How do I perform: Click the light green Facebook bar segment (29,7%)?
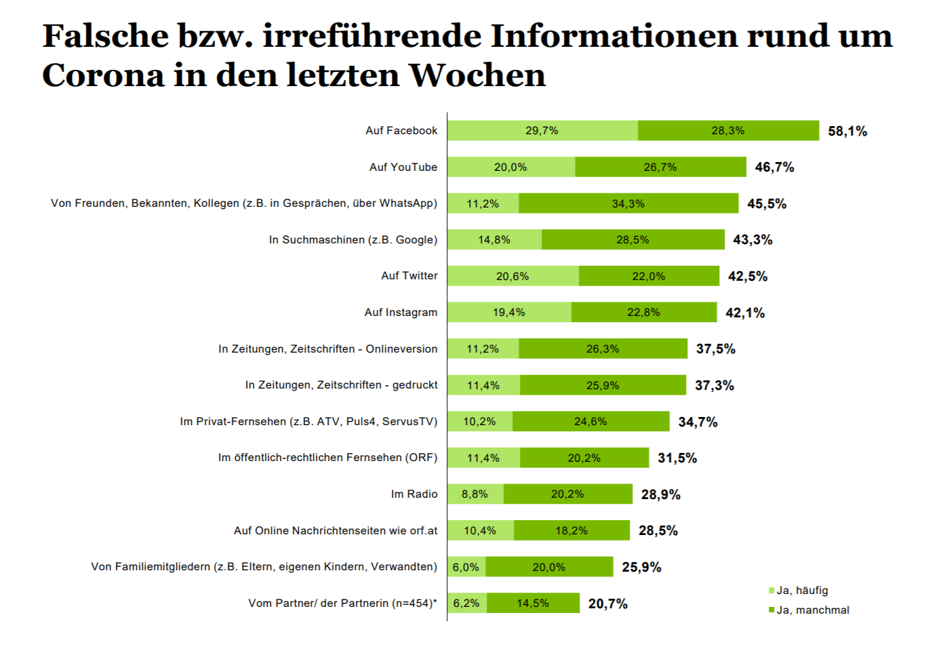pyautogui.click(x=542, y=131)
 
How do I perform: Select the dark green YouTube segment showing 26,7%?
pyautogui.click(x=660, y=167)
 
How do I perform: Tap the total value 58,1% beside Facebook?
pyautogui.click(x=847, y=131)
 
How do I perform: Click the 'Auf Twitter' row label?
pyautogui.click(x=409, y=276)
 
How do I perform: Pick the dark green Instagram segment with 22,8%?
pyautogui.click(x=643, y=313)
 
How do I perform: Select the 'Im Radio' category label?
pyautogui.click(x=414, y=494)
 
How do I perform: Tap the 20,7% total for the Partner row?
pyautogui.click(x=607, y=604)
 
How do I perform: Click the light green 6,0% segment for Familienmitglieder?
pyautogui.click(x=466, y=567)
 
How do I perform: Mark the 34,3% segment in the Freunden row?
pyautogui.click(x=628, y=203)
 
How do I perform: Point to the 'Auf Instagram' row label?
pyautogui.click(x=401, y=313)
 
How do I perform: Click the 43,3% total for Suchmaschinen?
pyautogui.click(x=753, y=240)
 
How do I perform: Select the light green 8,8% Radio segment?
pyautogui.click(x=475, y=494)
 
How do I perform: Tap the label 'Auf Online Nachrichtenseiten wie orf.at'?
pyautogui.click(x=336, y=531)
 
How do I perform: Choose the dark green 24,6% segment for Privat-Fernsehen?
pyautogui.click(x=590, y=422)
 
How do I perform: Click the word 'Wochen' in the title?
pyautogui.click(x=477, y=75)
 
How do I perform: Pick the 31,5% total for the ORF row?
pyautogui.click(x=677, y=458)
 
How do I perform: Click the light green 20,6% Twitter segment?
pyautogui.click(x=513, y=276)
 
